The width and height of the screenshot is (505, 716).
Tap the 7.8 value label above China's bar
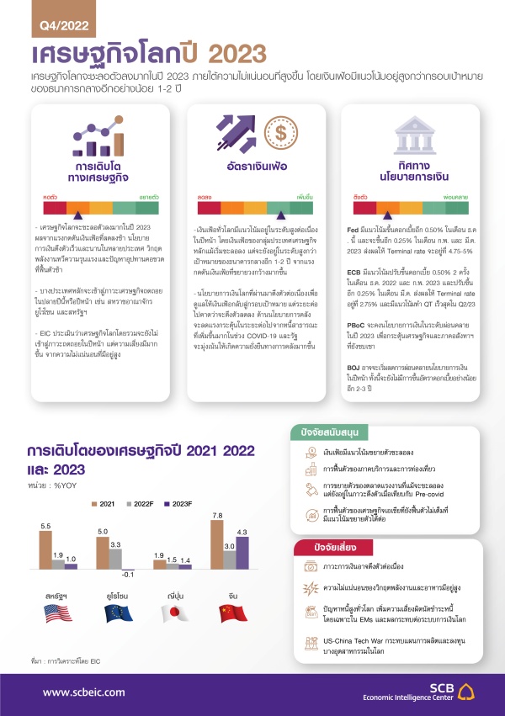217,516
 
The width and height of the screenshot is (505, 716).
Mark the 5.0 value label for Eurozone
102,532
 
